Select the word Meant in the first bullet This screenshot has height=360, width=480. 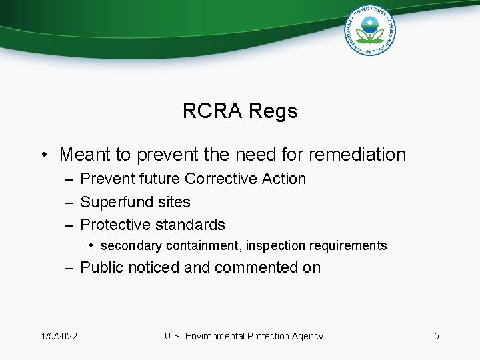click(85, 155)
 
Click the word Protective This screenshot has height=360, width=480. click(114, 225)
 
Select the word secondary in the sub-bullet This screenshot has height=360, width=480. click(131, 246)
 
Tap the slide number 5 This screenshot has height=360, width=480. click(437, 336)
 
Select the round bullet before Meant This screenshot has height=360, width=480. click(44, 155)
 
